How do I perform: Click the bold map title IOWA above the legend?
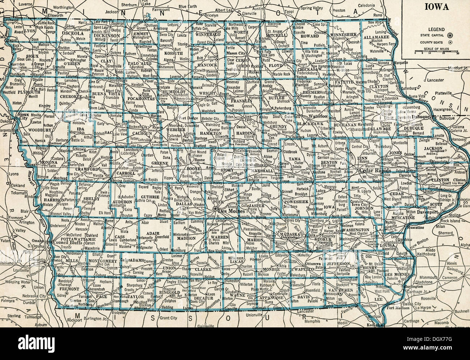point(436,7)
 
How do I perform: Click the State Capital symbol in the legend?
point(449,35)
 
